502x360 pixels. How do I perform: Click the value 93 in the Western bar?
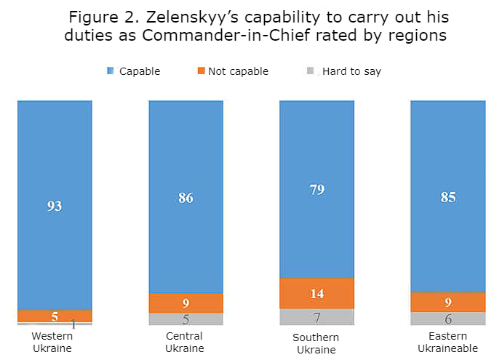[55, 206]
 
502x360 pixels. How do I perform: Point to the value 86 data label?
[186, 197]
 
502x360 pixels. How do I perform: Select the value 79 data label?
[316, 190]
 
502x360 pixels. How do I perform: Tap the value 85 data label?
[447, 196]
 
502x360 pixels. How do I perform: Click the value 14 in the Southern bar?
[316, 294]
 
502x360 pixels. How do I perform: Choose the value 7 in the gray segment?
[316, 318]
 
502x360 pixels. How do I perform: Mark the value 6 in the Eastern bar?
[447, 319]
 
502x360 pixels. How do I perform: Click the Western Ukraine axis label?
[53, 342]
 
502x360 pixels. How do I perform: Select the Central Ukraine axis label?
[184, 342]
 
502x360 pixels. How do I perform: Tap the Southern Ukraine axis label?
[316, 343]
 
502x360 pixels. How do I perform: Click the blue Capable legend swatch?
[111, 71]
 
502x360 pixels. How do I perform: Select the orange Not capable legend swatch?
[202, 71]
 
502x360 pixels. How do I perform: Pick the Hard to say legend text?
[353, 71]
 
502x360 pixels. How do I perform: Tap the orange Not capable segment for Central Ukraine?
[186, 303]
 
